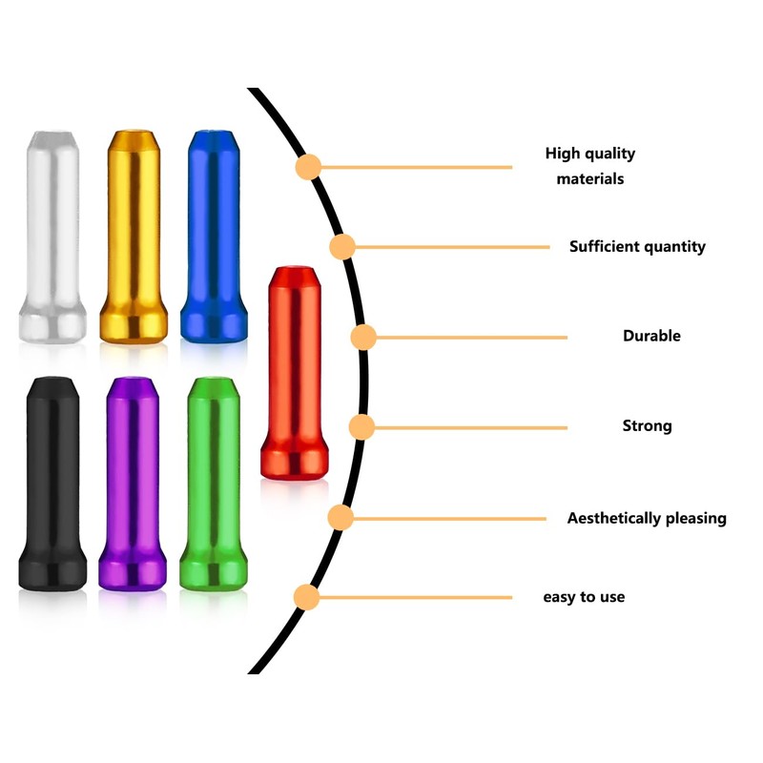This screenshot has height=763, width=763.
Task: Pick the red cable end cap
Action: (x=295, y=372)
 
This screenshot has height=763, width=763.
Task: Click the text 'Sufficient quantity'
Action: (x=637, y=247)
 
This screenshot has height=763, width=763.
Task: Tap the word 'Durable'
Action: (x=651, y=336)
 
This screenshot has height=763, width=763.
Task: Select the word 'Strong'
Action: (x=647, y=425)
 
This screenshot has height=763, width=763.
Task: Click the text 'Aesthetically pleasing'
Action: (x=647, y=519)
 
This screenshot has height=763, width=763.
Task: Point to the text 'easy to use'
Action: (x=584, y=597)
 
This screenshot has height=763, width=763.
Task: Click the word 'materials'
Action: (x=590, y=178)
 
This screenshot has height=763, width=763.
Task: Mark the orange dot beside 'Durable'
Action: (x=363, y=338)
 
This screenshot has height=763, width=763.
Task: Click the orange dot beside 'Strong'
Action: (x=361, y=426)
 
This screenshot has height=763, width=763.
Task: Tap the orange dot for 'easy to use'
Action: (x=307, y=598)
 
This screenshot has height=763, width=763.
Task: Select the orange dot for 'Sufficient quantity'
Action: (x=342, y=248)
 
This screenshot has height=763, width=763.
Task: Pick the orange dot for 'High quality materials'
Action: (x=308, y=167)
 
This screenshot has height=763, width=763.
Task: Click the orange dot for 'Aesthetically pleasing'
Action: (x=340, y=518)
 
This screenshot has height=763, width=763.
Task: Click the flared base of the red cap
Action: (x=295, y=462)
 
